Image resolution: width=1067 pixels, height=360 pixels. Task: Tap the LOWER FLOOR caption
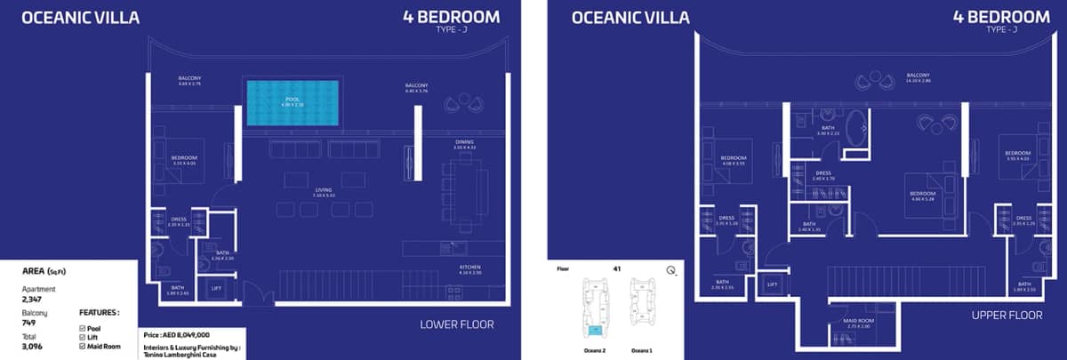(456, 324)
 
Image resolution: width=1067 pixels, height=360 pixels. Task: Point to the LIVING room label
(324, 189)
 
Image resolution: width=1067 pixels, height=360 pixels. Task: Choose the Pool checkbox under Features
(83, 328)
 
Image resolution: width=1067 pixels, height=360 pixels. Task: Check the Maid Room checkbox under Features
(83, 347)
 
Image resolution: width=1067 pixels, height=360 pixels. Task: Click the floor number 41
(616, 268)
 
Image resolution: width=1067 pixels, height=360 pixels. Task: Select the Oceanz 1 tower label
(641, 350)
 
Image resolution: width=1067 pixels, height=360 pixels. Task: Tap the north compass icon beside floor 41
(670, 271)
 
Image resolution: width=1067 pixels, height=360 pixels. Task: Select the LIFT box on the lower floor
(216, 289)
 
